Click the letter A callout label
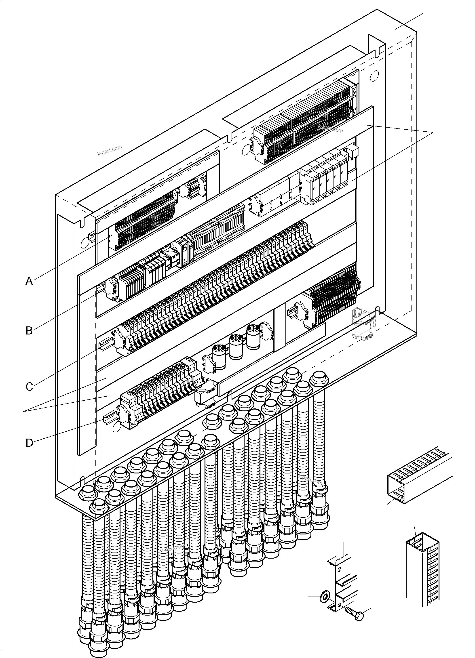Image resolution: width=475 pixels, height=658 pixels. pyautogui.click(x=29, y=281)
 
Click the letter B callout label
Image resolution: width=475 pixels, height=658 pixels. pyautogui.click(x=29, y=330)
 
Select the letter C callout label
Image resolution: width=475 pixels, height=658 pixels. pyautogui.click(x=29, y=387)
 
